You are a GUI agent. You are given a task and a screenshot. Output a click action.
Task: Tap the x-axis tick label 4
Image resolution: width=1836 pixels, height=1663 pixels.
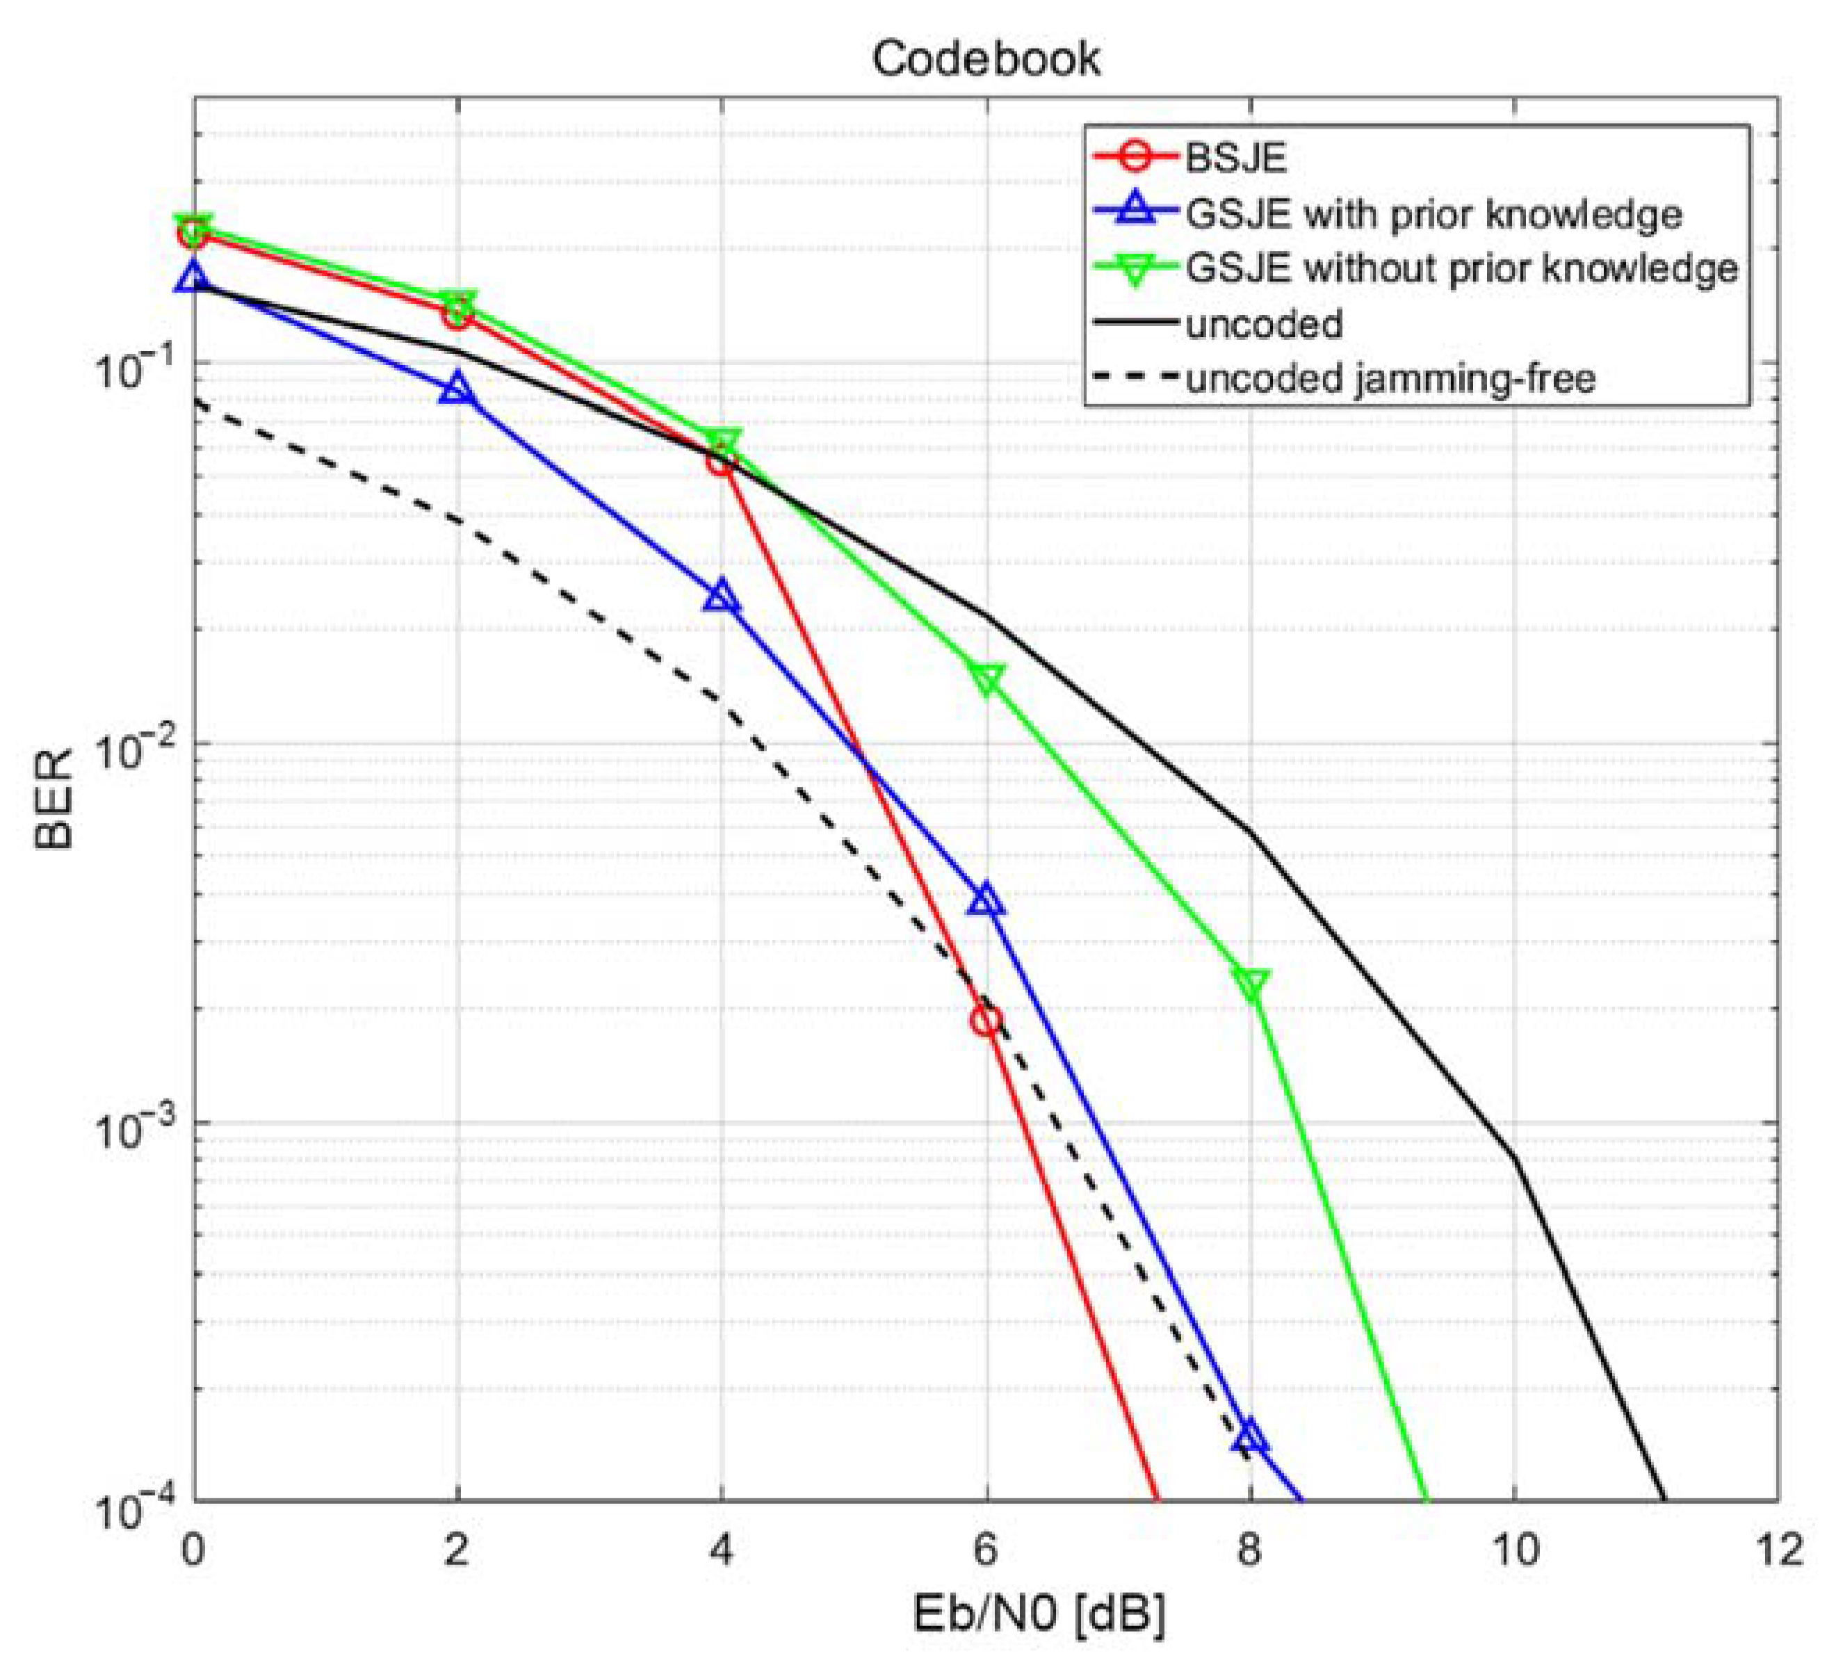(722, 1550)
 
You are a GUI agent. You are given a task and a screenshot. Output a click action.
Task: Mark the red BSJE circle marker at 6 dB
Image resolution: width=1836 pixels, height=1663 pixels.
(986, 1020)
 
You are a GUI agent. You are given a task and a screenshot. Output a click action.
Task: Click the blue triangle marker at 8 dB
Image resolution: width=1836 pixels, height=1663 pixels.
(1251, 1436)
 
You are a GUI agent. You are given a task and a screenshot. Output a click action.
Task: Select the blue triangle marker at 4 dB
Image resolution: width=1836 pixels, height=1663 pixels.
(722, 597)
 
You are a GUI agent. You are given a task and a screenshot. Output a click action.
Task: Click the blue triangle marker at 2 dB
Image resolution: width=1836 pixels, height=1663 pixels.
(457, 389)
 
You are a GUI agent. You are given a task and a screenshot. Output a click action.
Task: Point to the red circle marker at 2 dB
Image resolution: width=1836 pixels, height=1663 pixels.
(457, 315)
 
